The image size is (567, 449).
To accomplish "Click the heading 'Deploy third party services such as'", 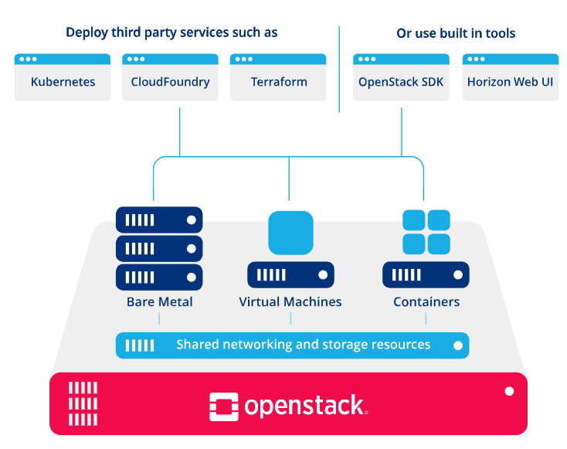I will [171, 32].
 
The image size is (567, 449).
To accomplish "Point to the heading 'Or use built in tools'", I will [456, 33].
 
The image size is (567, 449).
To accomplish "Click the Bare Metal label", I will [159, 301].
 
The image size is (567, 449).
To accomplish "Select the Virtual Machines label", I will [290, 301].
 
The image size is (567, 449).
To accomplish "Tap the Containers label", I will [426, 301].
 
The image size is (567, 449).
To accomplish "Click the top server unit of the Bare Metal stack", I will [159, 219].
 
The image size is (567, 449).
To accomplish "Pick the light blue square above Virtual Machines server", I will [290, 233].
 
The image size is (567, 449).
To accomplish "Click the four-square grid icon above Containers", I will [426, 232].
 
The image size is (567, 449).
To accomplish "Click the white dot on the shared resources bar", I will [458, 345].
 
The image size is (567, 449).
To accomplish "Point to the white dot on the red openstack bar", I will [509, 391].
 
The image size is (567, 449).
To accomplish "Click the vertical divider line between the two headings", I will [339, 70].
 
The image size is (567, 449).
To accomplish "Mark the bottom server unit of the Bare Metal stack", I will [159, 277].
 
